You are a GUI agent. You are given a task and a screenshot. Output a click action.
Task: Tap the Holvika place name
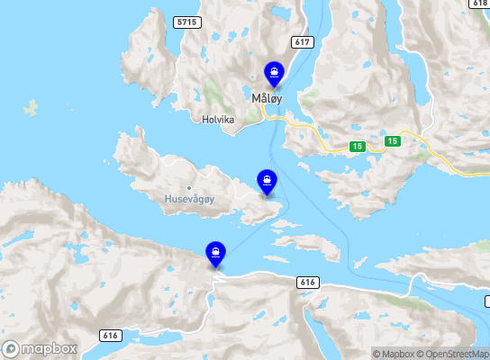(219, 118)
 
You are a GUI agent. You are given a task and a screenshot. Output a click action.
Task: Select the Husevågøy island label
(188, 198)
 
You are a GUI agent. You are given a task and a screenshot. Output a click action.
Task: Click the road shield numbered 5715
(187, 21)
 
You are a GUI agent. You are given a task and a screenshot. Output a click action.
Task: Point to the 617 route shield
(302, 42)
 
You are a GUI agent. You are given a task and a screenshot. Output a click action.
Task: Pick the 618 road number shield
(478, 4)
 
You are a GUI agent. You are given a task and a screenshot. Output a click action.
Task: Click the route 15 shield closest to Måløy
(358, 146)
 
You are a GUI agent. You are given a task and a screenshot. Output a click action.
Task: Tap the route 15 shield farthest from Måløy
(392, 141)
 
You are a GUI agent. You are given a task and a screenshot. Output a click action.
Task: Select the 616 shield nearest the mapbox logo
(111, 336)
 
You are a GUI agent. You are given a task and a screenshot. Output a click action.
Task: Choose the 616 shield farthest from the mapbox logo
(307, 283)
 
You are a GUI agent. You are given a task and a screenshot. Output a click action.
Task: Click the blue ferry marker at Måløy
(273, 72)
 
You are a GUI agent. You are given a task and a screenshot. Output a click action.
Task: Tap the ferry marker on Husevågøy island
(267, 180)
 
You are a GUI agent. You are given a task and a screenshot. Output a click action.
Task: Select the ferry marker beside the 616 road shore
(215, 253)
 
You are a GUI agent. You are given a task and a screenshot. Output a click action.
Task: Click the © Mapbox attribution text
(397, 354)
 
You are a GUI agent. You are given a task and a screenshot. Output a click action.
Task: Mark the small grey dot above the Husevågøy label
(188, 187)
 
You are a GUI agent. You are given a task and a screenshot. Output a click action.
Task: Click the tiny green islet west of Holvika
(32, 109)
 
